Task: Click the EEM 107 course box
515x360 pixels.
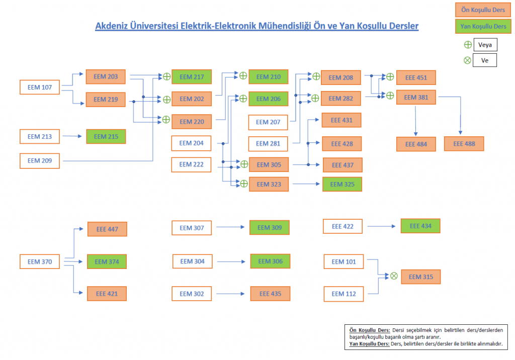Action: [x=40, y=87]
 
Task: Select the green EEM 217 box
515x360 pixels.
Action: [x=192, y=77]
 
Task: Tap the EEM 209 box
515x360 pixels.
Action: [x=40, y=161]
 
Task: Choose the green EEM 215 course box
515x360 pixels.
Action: [x=106, y=136]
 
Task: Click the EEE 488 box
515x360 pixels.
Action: [x=464, y=144]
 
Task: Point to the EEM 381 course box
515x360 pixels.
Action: [x=416, y=97]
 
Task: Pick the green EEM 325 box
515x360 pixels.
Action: [x=342, y=185]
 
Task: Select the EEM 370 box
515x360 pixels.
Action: [x=40, y=261]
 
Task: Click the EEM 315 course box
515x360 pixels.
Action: [x=420, y=277]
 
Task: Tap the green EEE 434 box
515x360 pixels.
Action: [x=420, y=226]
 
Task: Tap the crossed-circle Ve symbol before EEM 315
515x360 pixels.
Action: [x=394, y=276]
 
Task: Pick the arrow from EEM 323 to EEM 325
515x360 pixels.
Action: [x=306, y=185]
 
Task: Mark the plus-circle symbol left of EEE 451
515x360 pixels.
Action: [x=389, y=77]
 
